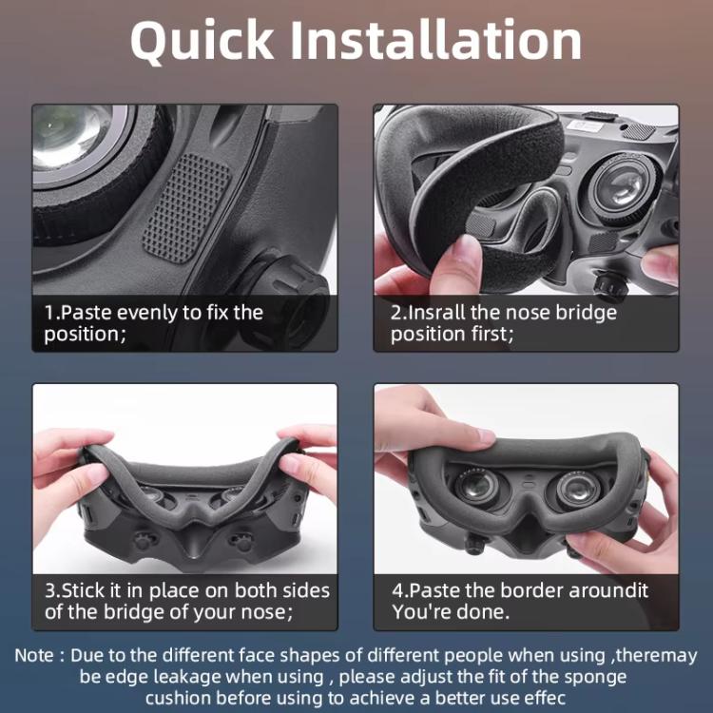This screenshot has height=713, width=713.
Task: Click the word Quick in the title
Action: [x=201, y=41]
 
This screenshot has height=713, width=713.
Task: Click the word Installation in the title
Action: [x=436, y=41]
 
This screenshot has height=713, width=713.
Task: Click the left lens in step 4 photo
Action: [x=474, y=489]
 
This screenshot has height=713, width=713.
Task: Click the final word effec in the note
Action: [x=539, y=698]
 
